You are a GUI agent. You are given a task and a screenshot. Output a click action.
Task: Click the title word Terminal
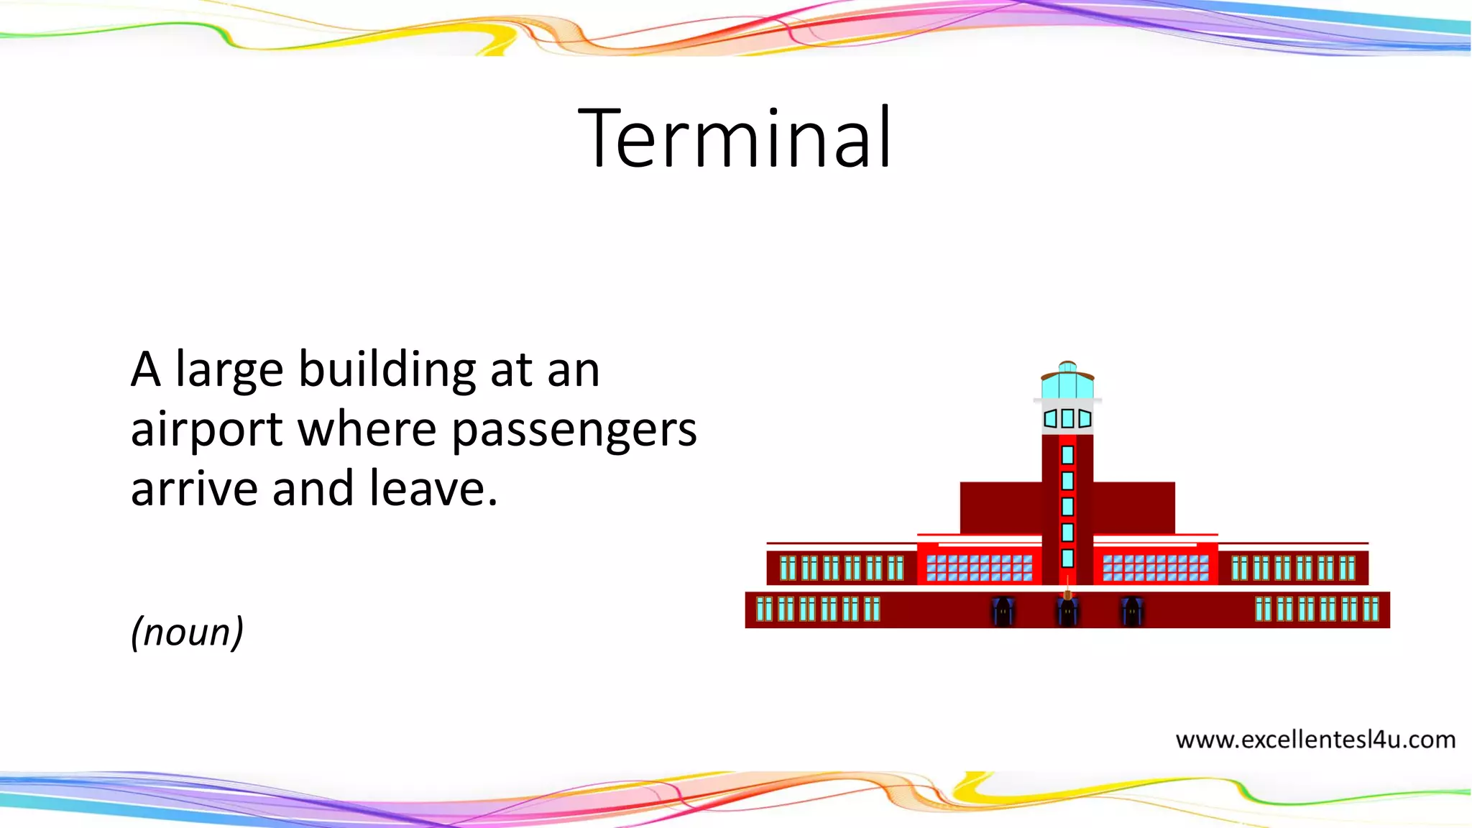(x=735, y=138)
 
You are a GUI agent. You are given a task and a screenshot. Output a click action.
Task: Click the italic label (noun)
(x=187, y=632)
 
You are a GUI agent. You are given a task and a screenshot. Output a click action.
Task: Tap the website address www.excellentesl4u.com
(x=1315, y=740)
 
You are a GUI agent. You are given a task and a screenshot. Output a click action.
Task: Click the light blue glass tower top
(x=1067, y=384)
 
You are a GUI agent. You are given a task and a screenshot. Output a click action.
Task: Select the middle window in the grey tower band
(x=1067, y=418)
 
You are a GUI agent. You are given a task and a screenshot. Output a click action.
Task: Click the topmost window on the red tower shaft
(x=1067, y=455)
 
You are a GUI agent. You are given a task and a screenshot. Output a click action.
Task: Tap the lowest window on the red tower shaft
(x=1067, y=558)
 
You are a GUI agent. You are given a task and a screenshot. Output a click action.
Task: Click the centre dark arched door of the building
(x=1067, y=612)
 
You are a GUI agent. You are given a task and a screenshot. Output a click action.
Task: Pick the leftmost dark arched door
(x=1003, y=612)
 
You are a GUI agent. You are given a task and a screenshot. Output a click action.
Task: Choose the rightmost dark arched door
(x=1132, y=612)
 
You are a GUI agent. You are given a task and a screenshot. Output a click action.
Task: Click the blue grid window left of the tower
(x=979, y=568)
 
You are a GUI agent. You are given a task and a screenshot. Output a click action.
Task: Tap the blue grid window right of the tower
(x=1156, y=568)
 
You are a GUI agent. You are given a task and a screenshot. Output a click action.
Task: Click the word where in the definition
(x=367, y=430)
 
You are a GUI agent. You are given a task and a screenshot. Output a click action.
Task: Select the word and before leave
(x=313, y=489)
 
